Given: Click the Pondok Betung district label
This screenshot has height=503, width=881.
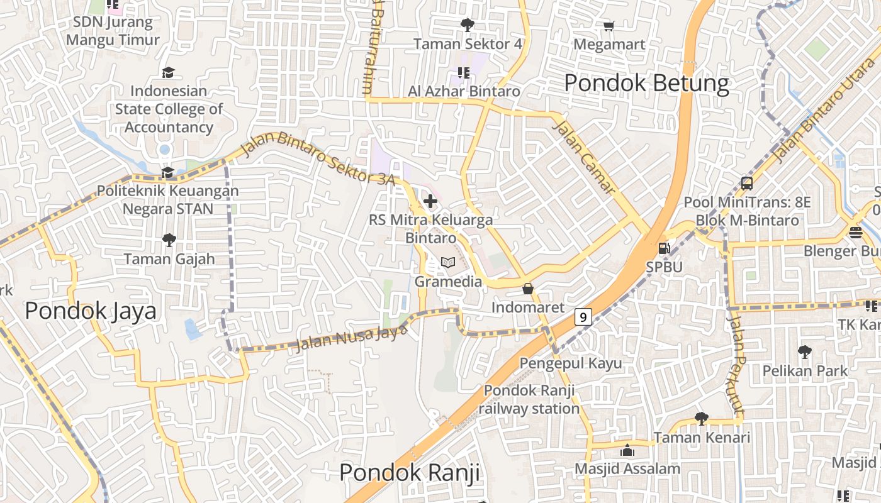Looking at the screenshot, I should point(646,83).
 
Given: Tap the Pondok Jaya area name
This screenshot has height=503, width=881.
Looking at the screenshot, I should point(91,311).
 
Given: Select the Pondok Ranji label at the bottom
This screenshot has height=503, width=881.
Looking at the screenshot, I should point(410,472).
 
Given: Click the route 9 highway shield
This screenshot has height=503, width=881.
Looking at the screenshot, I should point(583,317).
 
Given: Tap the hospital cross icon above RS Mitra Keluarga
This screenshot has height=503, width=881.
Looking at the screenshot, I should point(430,201).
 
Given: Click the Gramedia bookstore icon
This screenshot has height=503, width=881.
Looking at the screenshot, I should point(448,263).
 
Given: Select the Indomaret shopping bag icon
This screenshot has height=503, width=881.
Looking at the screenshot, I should point(528,289).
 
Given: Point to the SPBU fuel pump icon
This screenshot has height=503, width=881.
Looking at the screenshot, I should point(664,248).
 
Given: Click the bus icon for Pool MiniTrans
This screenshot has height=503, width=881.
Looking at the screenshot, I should point(747,184).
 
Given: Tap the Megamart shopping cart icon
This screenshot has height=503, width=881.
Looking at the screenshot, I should point(609,26).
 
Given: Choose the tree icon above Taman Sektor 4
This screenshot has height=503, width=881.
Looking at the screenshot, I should point(467,25).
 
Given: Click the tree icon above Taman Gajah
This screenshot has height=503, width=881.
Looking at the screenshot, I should point(169,240).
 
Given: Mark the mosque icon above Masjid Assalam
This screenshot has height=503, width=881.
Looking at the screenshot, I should point(627,450).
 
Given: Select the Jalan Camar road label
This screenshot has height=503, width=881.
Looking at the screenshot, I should point(583,158).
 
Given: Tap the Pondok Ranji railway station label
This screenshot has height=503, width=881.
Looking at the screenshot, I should point(529,399).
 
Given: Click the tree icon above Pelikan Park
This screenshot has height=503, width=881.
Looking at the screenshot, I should point(804,352).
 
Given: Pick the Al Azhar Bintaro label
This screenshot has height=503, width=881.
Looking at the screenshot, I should point(464,91).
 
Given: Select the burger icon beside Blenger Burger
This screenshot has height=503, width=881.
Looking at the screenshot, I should point(855,232).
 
